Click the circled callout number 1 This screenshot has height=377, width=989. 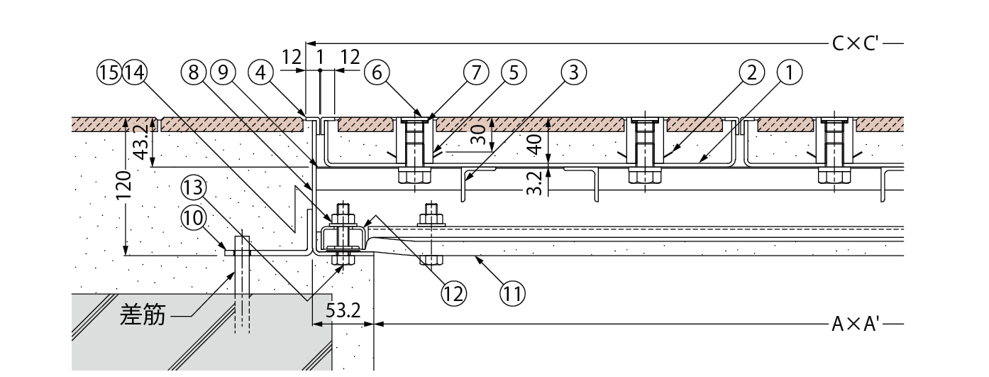789,72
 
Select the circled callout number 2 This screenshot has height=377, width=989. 751,72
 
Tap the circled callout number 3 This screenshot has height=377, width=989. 573,72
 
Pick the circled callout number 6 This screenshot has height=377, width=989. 377,72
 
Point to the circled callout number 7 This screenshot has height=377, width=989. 476,72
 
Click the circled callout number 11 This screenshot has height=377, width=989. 513,293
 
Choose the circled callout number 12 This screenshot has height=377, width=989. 453,293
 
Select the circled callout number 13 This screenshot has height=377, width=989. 194,187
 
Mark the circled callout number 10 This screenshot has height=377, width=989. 194,218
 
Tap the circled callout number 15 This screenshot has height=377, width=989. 109,72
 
